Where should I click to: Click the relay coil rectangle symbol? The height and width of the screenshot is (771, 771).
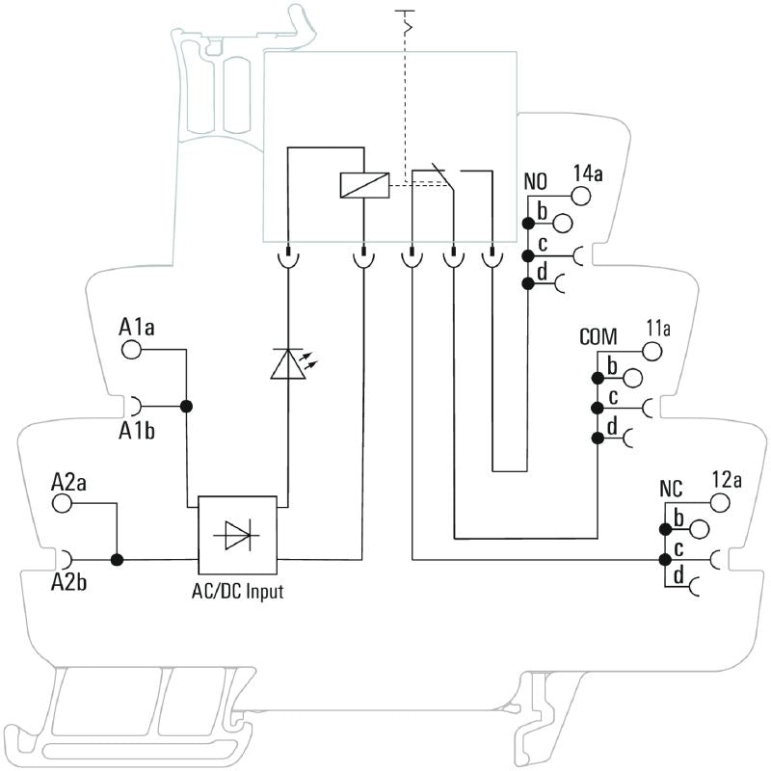pos(364,184)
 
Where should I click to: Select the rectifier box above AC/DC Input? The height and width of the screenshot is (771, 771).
pos(237,536)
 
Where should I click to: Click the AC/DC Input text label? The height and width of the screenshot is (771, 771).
pos(237,591)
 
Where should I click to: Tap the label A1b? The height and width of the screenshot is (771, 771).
pos(137,430)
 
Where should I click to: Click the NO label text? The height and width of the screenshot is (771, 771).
pos(536,181)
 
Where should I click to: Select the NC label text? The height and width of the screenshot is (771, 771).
pos(671,488)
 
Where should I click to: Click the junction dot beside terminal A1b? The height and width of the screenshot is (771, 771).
pos(187,406)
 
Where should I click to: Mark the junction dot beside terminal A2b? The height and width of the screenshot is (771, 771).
pos(118,559)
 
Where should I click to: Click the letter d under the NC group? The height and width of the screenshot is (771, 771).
pos(678,575)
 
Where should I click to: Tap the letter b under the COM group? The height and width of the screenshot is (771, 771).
pos(611,365)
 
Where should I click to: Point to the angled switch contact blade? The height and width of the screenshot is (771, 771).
pos(440,175)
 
